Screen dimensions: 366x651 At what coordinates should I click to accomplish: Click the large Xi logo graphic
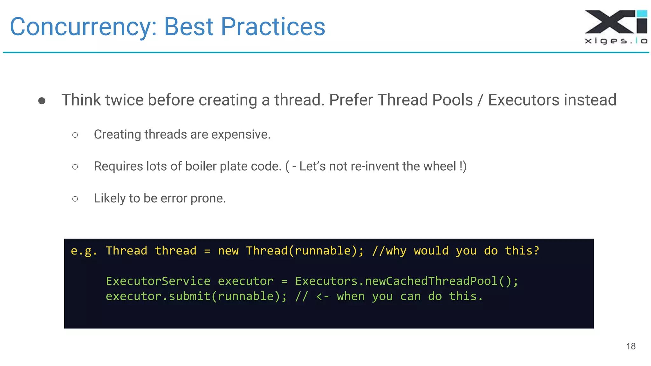coord(616,22)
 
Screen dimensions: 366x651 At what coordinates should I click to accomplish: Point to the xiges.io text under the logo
coord(616,41)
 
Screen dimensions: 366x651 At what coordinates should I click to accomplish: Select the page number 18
coord(631,346)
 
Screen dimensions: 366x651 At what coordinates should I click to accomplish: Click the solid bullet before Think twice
coord(42,101)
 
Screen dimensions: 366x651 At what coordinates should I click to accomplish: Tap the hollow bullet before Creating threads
coord(75,135)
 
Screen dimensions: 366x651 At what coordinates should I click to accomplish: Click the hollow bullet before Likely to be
coord(75,199)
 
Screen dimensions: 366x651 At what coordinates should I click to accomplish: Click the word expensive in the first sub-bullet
coord(241,135)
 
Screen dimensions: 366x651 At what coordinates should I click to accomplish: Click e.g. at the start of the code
coord(84,251)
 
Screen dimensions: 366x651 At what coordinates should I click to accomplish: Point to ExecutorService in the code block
coord(158,281)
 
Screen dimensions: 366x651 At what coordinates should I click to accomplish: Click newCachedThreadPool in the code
coord(431,281)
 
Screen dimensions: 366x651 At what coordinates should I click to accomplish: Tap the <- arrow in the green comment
coord(322,297)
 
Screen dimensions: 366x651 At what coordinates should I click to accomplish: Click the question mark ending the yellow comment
coord(537,251)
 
